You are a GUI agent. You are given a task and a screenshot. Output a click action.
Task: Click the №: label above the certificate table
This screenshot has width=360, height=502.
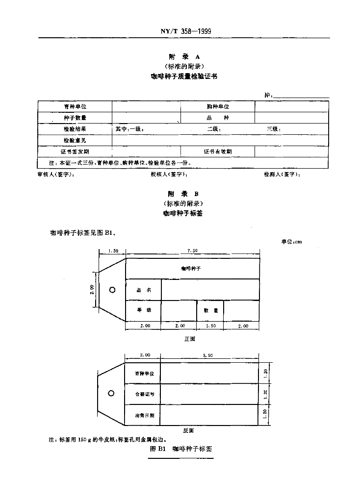tap(268, 95)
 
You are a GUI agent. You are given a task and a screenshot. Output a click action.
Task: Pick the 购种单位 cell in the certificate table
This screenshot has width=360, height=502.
tap(218, 106)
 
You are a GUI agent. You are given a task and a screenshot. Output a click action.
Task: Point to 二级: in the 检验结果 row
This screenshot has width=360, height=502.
tap(214, 129)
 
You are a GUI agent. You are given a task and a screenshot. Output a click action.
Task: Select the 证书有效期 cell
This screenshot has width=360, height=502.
tap(218, 152)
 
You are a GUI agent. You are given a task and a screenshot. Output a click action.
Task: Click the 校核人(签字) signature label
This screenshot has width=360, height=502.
tap(169, 175)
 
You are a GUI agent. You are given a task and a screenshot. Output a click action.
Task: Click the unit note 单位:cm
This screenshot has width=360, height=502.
tap(291, 241)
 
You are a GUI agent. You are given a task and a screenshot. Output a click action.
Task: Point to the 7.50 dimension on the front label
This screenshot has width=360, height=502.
tap(192, 251)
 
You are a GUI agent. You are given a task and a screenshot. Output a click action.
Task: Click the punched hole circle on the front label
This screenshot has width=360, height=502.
tap(112, 290)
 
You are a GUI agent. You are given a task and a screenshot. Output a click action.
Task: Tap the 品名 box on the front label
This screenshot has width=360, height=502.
tap(144, 290)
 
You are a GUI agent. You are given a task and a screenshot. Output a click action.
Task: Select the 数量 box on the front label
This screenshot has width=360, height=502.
tap(210, 310)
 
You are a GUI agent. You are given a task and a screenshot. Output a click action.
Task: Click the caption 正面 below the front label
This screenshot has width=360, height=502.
tap(189, 339)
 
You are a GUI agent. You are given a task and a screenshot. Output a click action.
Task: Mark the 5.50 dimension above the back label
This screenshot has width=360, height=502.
tap(209, 355)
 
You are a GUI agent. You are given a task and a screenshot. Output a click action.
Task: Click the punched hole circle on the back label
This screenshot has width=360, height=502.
tap(111, 393)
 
